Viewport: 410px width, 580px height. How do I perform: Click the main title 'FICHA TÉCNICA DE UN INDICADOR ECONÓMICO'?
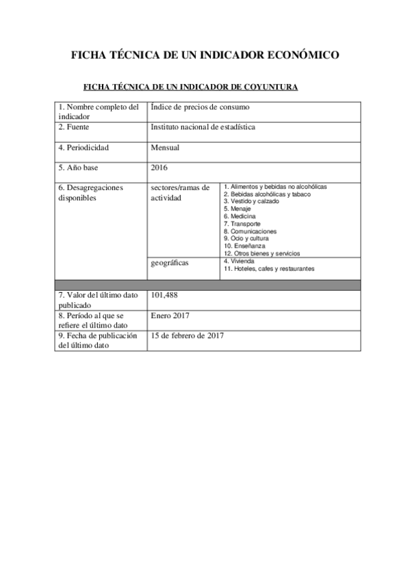(x=205, y=55)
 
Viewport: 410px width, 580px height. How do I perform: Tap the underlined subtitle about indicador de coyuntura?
(x=190, y=87)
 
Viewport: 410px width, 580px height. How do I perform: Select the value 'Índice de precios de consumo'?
(x=200, y=107)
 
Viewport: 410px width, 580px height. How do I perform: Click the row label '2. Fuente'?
(x=73, y=127)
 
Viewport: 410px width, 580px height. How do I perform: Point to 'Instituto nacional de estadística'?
(x=203, y=127)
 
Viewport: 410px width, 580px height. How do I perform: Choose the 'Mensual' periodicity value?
(x=165, y=147)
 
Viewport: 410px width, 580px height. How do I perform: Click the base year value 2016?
(x=159, y=167)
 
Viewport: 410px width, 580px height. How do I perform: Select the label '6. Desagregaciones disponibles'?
(x=90, y=192)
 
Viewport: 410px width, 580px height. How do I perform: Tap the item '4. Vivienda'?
(x=239, y=261)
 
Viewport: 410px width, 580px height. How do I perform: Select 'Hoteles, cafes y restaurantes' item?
(x=272, y=269)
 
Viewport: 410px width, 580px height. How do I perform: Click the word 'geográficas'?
(x=170, y=262)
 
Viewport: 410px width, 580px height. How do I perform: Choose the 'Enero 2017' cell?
(x=170, y=315)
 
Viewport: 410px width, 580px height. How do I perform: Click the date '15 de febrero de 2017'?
(x=187, y=336)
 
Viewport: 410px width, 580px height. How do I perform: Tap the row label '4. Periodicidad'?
(x=84, y=147)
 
